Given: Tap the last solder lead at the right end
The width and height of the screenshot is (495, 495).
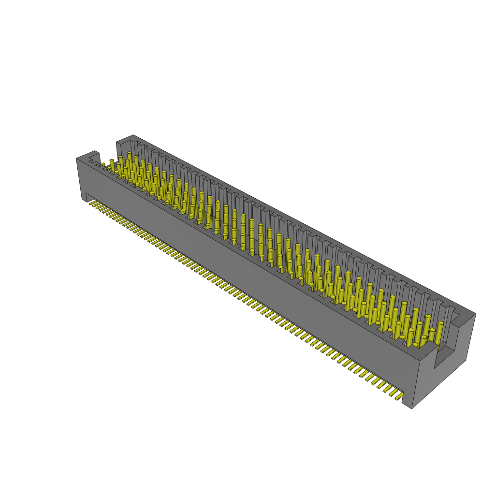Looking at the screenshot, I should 399,396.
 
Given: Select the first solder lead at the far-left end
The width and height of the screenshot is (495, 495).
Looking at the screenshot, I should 92,204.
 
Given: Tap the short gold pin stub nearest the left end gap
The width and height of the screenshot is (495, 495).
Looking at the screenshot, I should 103,165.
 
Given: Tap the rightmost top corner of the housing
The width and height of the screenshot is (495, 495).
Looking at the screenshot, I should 475,313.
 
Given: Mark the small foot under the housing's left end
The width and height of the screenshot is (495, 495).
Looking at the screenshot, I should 84,196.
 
